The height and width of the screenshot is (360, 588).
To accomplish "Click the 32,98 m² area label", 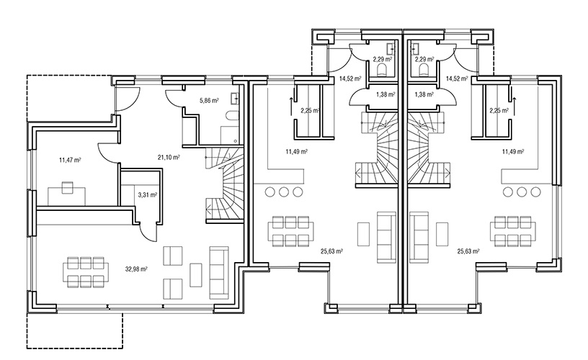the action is (x=135, y=269).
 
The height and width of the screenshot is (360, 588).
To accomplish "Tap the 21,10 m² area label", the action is (x=169, y=158).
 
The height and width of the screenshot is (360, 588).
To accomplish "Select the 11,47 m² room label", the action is (x=70, y=161).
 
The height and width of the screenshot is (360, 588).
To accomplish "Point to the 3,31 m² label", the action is (x=148, y=195).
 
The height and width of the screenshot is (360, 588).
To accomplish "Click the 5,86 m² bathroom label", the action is (x=209, y=100).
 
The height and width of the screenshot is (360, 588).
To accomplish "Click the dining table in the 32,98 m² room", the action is (x=86, y=272).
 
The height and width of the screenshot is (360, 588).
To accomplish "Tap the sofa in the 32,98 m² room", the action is (x=219, y=273).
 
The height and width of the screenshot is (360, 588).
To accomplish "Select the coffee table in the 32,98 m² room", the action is (x=196, y=275).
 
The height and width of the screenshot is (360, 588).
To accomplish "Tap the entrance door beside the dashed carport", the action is (x=128, y=99).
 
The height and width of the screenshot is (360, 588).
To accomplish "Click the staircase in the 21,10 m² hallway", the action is (x=224, y=185).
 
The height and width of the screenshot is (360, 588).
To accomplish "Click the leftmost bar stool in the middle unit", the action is (x=269, y=192).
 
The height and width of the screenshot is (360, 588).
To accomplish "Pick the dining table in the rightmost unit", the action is (x=513, y=232).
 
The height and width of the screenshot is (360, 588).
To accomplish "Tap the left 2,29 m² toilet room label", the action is (x=383, y=59).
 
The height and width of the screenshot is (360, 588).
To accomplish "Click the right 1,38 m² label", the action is (x=424, y=95).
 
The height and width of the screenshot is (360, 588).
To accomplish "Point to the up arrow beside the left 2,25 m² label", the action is (x=291, y=107).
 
